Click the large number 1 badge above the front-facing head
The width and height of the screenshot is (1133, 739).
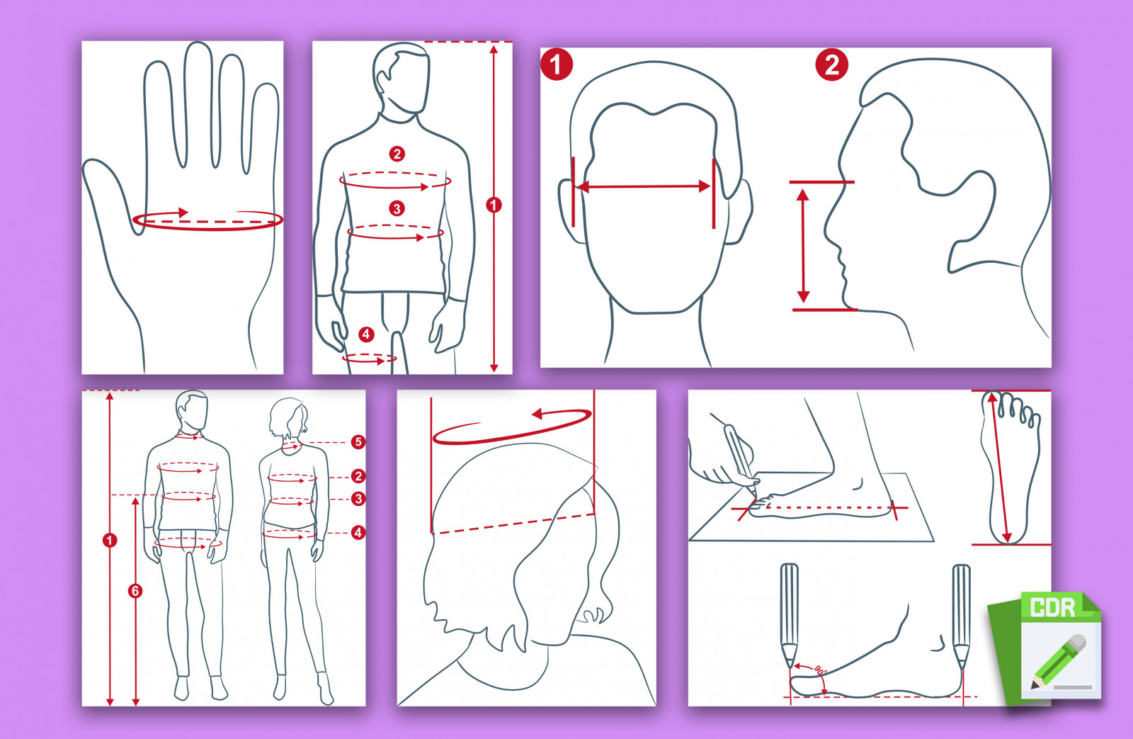coord(557,64)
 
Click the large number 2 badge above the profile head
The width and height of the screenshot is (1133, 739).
coord(831,64)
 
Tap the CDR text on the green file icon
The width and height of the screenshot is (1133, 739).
coord(1052,607)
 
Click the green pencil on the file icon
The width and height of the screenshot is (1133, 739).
coord(1058,661)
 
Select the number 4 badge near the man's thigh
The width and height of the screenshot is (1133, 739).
coord(366,334)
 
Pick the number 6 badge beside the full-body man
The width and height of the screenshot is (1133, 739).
coord(135,591)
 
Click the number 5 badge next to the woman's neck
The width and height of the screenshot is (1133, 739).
coord(358,442)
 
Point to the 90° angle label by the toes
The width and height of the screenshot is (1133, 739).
coord(820,671)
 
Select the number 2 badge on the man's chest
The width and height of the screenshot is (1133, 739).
coord(397,154)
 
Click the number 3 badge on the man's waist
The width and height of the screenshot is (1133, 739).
coord(397,208)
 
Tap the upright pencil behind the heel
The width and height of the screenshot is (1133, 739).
coord(961,615)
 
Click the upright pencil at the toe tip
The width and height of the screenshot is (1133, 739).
coord(789,615)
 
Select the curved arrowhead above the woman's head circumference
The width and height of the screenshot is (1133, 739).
coord(538,414)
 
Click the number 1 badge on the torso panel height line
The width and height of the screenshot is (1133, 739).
coord(494,205)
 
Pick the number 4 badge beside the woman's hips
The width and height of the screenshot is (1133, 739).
coord(358,533)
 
